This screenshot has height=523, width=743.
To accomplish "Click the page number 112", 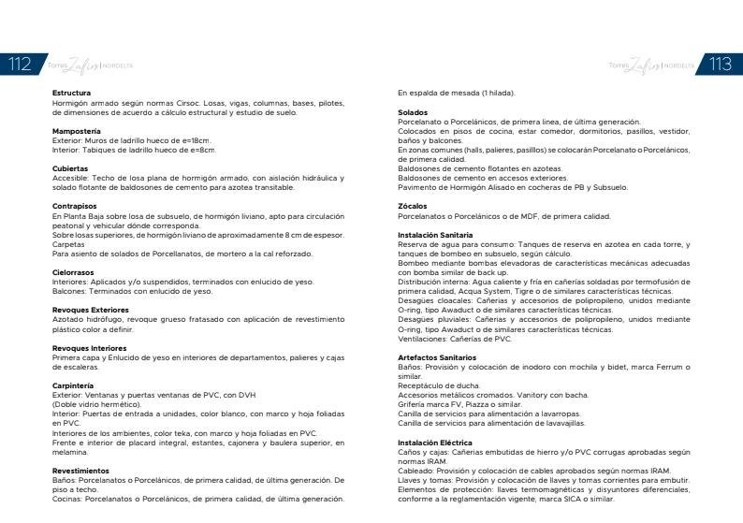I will tap(20, 65).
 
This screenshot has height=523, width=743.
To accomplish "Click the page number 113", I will tap(721, 65).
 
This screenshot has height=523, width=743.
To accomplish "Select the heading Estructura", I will tap(72, 94).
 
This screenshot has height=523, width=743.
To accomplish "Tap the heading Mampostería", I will tap(77, 131).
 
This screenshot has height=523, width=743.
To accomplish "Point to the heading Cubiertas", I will tap(71, 168).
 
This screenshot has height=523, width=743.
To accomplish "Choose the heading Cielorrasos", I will tap(75, 272).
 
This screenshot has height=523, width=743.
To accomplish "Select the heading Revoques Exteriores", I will tap(91, 310).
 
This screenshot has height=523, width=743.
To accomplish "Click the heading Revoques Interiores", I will tap(90, 347).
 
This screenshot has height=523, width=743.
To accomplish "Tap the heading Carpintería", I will tap(74, 385).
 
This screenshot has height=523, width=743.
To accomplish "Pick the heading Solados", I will tap(414, 112).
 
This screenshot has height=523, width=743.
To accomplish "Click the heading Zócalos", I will tap(413, 206).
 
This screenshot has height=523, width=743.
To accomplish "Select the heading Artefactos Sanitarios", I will tap(438, 357).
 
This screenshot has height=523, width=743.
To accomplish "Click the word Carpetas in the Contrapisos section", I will tap(68, 244).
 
